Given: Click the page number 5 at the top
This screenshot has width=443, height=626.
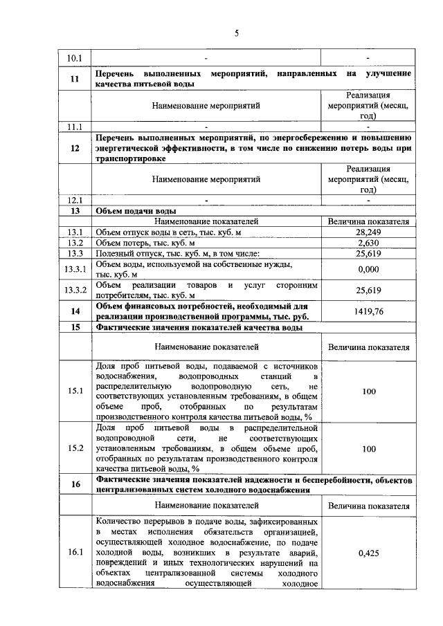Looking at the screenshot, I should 235,32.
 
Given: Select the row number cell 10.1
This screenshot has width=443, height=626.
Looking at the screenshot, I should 74,57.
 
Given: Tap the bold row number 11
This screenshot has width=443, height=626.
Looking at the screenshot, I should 74,78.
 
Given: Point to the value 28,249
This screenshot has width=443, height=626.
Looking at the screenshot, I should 368,232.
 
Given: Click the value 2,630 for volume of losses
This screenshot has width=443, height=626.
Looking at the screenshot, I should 368,243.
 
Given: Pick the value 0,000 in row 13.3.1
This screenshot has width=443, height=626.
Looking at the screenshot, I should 368,269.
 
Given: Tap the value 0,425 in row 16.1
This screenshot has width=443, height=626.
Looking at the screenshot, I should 368,553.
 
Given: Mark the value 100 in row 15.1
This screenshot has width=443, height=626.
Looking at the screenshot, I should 368,392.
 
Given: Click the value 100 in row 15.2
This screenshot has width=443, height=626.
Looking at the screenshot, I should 368,449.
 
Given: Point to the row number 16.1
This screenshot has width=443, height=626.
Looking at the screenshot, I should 74,553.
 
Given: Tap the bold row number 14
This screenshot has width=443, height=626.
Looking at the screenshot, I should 74,311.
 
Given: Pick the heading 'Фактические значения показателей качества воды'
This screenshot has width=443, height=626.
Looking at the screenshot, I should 199,328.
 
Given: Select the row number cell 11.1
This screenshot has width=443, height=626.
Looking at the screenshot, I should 74,127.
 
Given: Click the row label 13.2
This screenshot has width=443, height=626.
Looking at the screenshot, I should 74,243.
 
